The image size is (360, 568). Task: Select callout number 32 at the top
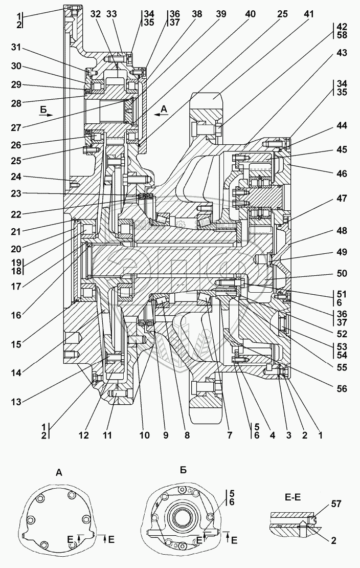96,14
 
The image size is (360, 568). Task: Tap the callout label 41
308,14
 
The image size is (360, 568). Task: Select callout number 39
220,14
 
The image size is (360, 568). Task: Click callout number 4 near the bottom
272,436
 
